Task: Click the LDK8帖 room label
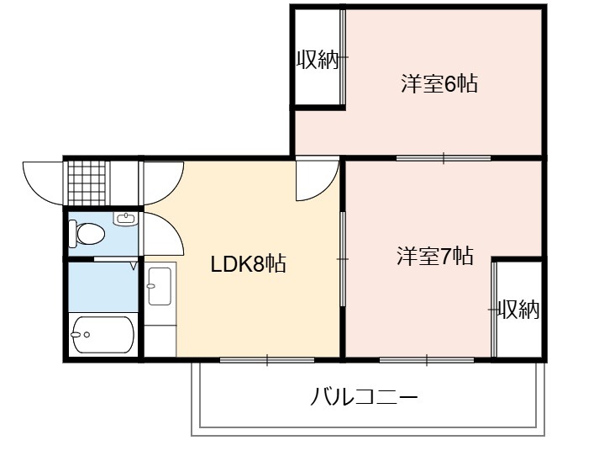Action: tap(249, 263)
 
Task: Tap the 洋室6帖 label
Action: tap(439, 83)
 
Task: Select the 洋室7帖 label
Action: tap(435, 256)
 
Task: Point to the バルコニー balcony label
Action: tap(364, 397)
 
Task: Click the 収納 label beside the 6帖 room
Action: tap(318, 59)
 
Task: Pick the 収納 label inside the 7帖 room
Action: tap(518, 309)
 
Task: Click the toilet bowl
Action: tap(87, 234)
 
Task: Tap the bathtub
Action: tap(103, 335)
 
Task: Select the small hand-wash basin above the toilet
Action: tap(125, 219)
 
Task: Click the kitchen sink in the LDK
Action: tap(160, 286)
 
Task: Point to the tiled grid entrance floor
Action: tap(87, 183)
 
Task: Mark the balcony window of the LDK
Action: tap(267, 360)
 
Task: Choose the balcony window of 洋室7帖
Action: tap(427, 360)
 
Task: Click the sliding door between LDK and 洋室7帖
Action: tap(343, 259)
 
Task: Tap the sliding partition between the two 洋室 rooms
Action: tap(443, 157)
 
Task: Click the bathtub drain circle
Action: tap(87, 335)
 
